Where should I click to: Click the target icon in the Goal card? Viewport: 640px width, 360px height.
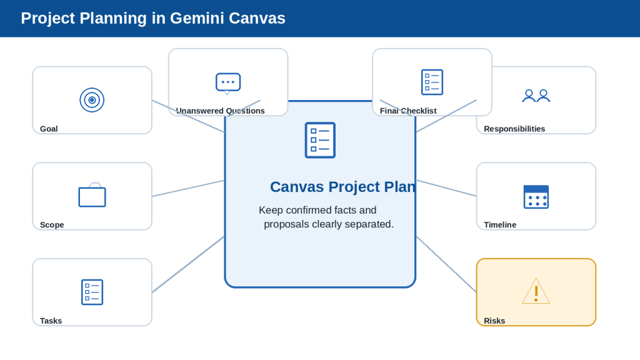92,100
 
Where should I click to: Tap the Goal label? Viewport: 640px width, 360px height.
49,129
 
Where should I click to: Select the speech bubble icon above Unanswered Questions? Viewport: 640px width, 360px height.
228,84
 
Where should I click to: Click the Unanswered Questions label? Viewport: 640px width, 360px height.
221,111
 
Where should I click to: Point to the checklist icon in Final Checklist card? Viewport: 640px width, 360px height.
432,82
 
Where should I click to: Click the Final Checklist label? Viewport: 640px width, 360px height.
408,111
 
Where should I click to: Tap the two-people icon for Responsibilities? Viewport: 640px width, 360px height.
536,96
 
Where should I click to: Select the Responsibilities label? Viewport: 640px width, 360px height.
514,129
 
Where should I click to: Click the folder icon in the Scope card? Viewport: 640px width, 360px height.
92,195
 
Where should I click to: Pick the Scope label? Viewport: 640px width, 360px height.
52,225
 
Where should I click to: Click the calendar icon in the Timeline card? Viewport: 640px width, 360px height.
536,197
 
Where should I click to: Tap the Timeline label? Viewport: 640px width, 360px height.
500,225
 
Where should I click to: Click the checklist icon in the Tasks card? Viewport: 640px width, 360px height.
92,292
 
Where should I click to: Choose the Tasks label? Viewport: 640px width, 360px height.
51,321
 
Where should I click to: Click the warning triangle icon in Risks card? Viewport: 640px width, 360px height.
536,291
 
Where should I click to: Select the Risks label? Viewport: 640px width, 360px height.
494,321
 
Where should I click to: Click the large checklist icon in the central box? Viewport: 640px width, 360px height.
320,140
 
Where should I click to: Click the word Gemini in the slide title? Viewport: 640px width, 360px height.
196,18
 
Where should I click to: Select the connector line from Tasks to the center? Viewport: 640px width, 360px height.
188,264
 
